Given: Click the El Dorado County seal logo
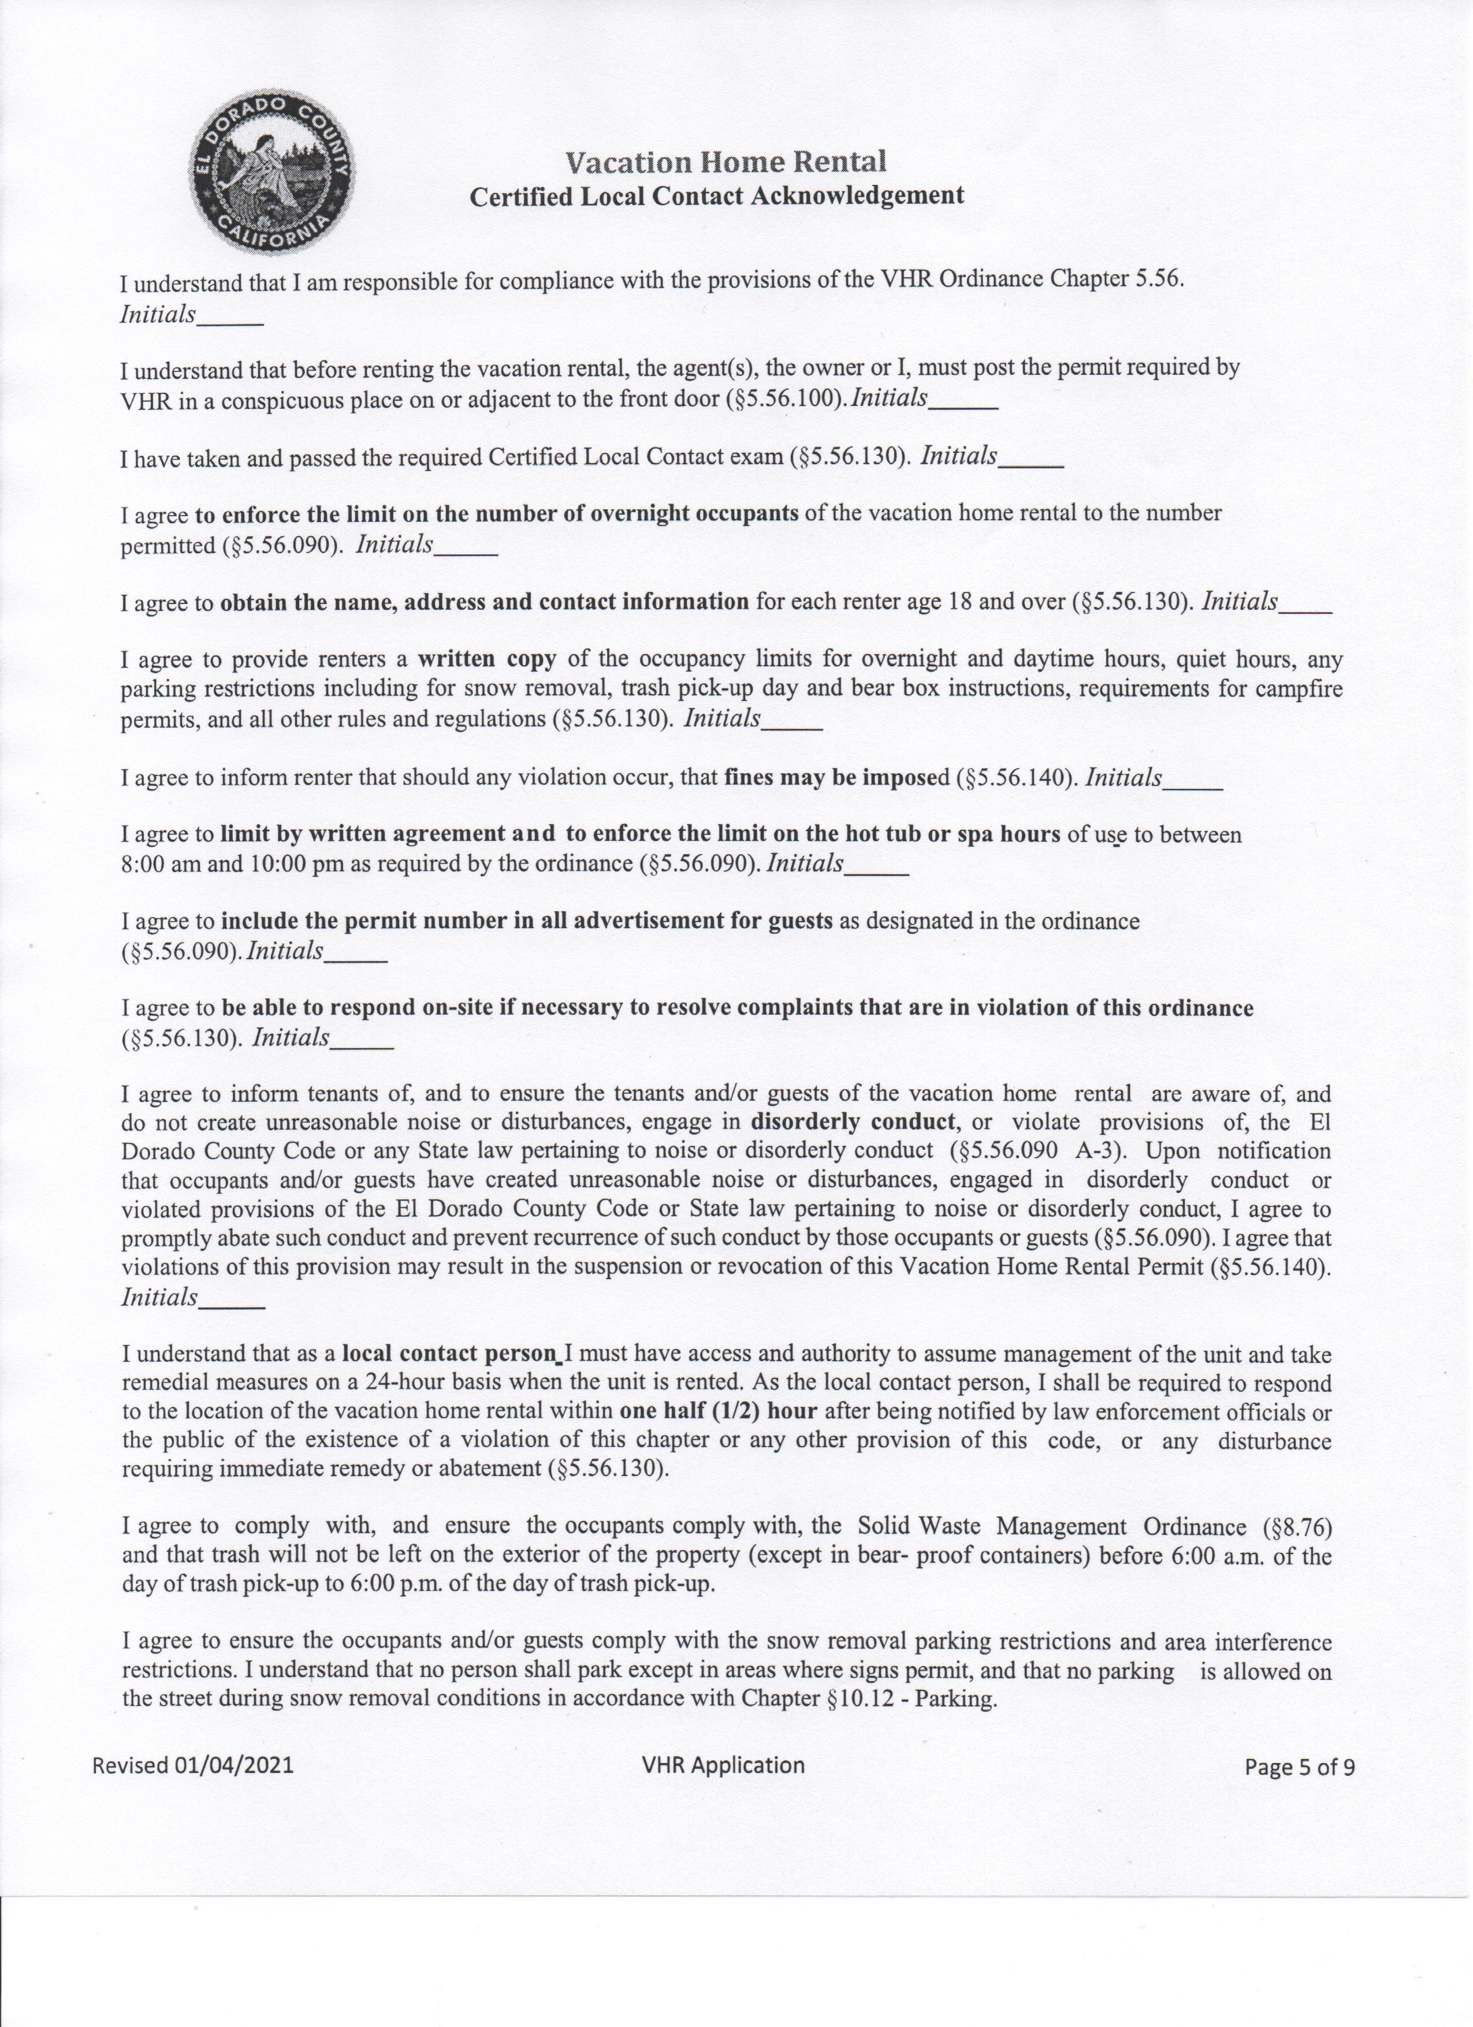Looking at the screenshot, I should tap(271, 173).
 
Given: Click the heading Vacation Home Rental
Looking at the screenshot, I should tap(726, 162).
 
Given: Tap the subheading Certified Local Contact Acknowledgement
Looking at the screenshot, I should tap(717, 196).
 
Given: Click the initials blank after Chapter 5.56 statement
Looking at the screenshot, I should tap(229, 320).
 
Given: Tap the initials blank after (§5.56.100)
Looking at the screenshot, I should tap(964, 404).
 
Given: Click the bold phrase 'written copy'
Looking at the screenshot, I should tap(487, 659).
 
